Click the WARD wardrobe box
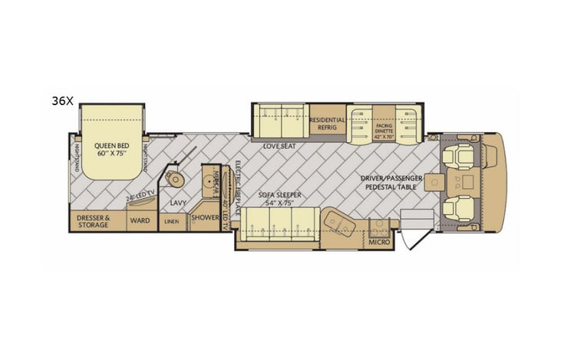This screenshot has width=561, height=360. (x=140, y=220)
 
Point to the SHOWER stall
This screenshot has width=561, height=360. (x=205, y=217)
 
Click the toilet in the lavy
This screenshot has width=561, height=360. (x=178, y=179)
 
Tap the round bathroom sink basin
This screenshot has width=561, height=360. (x=210, y=182)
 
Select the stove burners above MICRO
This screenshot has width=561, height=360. (x=379, y=226)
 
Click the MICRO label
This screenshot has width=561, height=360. (x=379, y=243)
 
